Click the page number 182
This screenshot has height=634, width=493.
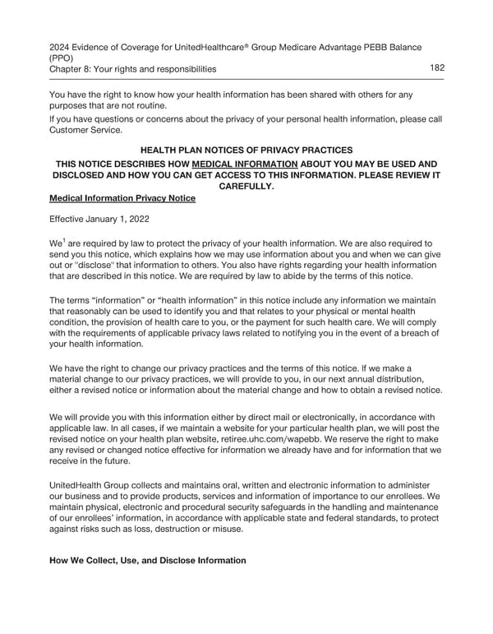pyautogui.click(x=436, y=68)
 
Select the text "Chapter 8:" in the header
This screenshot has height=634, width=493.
pyautogui.click(x=71, y=69)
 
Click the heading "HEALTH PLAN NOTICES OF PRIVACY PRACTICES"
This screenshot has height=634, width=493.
pyautogui.click(x=246, y=150)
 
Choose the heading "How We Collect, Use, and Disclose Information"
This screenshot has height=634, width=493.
pyautogui.click(x=148, y=561)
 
